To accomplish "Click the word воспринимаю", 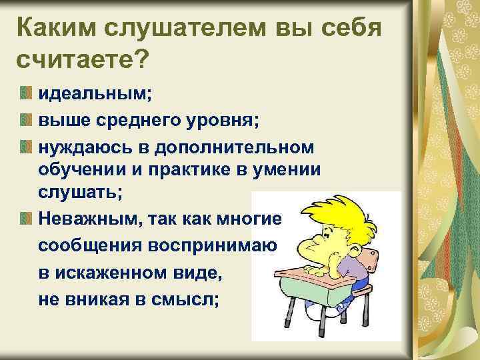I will pyautogui.click(x=206, y=243).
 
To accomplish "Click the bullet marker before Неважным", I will pyautogui.click(x=25, y=217).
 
